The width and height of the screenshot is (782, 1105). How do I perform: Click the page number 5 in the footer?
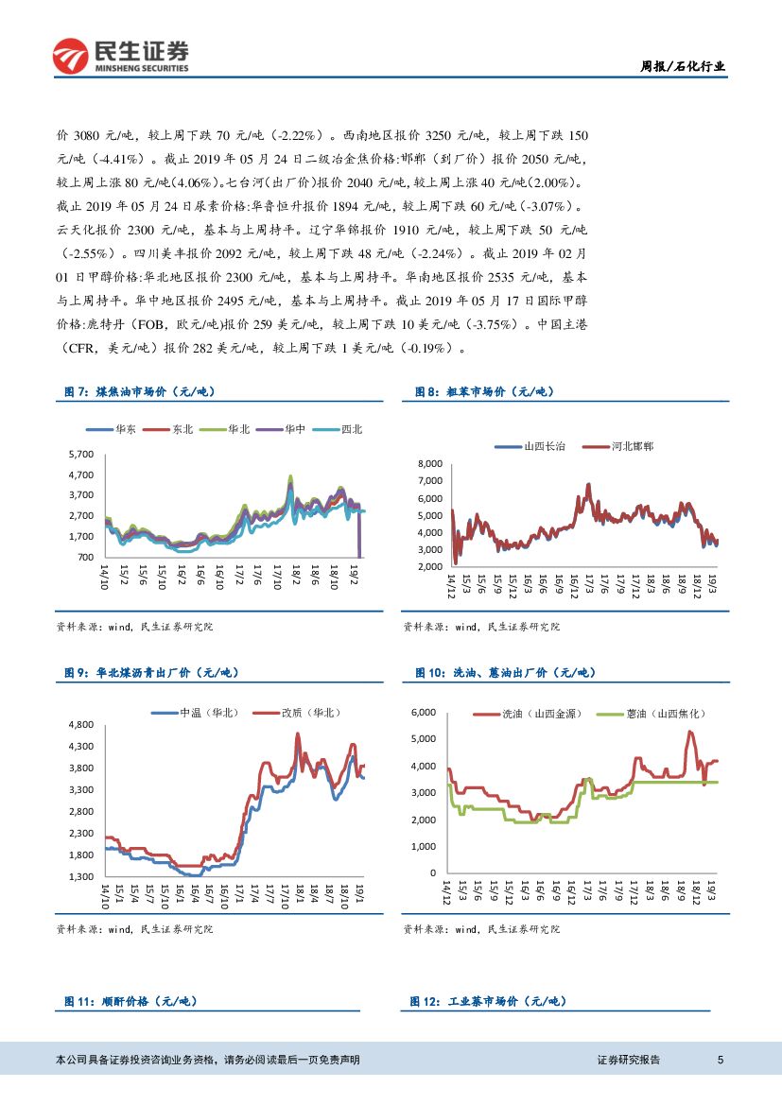tap(721, 1061)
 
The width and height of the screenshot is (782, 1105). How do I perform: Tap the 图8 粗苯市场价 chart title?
tap(484, 391)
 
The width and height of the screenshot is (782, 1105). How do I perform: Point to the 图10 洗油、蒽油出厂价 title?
tap(505, 672)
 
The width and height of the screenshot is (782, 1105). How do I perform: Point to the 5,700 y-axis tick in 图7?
tap(82, 455)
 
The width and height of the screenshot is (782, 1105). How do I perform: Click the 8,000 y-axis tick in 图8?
tap(429, 463)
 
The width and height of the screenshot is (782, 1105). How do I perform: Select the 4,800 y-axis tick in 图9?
tap(80, 725)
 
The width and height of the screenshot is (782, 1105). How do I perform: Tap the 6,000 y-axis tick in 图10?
tap(422, 712)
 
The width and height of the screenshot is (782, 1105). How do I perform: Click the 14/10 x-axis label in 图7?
tap(104, 577)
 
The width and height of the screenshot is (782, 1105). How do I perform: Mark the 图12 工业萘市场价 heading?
tap(488, 1001)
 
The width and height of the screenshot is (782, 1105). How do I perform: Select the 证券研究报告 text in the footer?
tap(629, 1061)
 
